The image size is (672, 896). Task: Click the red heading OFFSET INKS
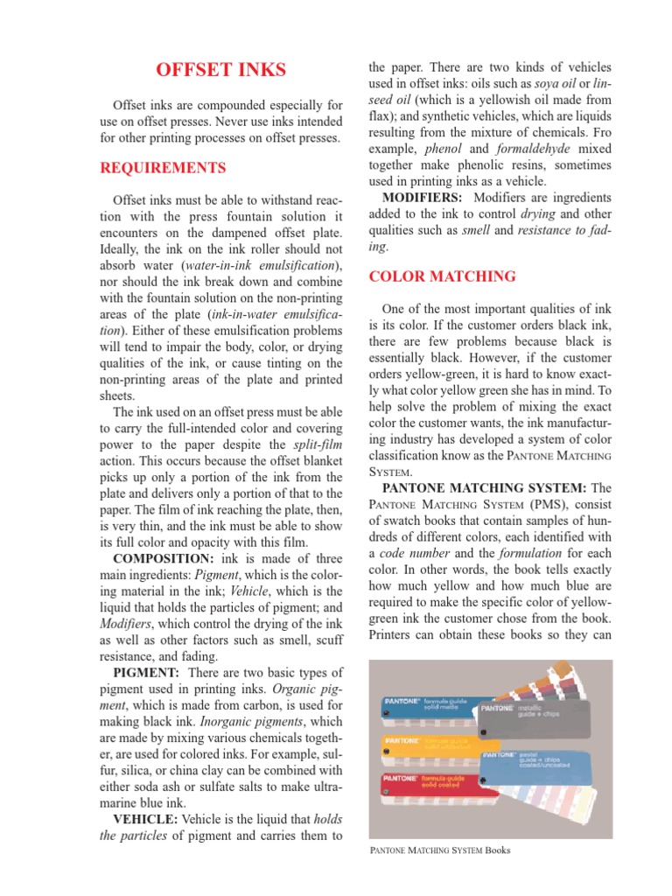click(220, 69)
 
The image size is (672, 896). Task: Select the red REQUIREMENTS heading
click(164, 167)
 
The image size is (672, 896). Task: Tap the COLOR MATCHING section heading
click(442, 276)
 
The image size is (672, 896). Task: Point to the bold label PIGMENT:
click(147, 671)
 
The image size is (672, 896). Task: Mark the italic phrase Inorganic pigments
click(258, 722)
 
